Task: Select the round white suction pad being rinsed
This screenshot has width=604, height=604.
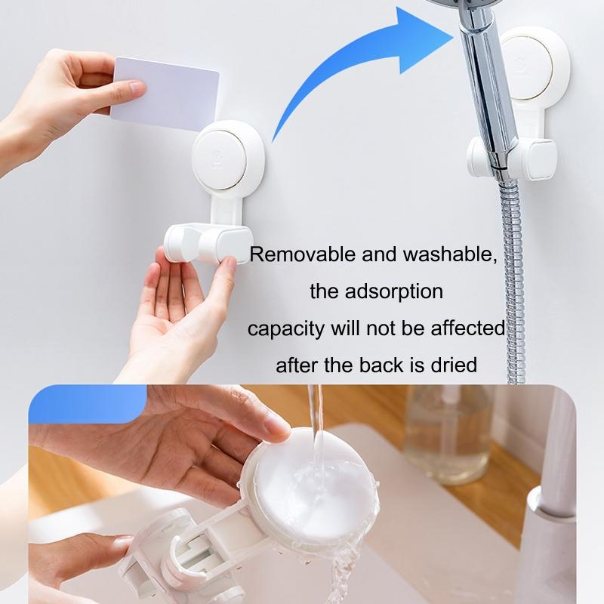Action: coord(302,483)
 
